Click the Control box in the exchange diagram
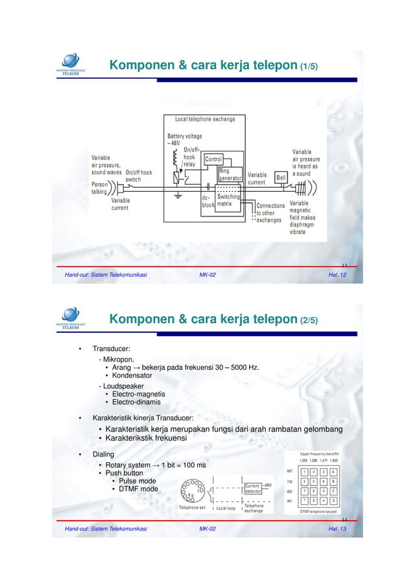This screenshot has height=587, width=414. point(213,159)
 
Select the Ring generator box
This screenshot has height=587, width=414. point(230,174)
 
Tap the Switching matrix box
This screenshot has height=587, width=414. point(228,200)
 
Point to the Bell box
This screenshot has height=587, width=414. point(281,177)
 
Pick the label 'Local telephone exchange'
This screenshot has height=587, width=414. point(205,119)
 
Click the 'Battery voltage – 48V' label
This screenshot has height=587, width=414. point(184,140)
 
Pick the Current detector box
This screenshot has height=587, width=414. point(252,488)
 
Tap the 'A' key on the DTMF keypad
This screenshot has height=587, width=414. point(333,472)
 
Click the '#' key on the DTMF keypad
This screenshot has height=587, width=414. point(324,501)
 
